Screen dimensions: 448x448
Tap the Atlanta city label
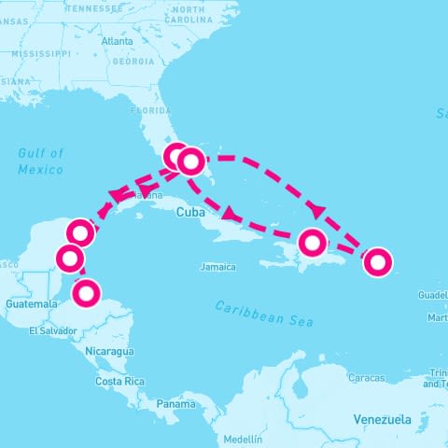tap(117, 41)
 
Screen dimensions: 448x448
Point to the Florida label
tap(150, 109)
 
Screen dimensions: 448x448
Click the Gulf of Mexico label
tap(41, 161)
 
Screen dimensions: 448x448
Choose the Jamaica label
tap(217, 267)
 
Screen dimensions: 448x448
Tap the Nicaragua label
tap(109, 352)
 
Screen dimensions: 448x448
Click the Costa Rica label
tap(120, 381)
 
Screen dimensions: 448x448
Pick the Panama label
tap(175, 404)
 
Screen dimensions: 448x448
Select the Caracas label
tap(366, 378)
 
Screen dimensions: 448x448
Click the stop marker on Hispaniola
tap(313, 244)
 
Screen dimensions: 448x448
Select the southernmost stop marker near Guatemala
tap(86, 293)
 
